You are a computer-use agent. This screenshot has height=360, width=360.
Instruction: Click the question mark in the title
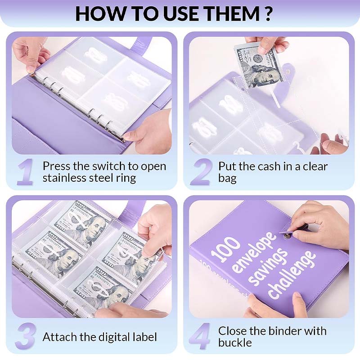click(x=267, y=13)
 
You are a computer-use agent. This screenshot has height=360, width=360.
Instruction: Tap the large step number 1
click(x=25, y=172)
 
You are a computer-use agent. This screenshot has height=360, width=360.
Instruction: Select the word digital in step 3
click(x=108, y=337)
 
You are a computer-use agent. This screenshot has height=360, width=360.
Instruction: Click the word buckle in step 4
click(x=235, y=343)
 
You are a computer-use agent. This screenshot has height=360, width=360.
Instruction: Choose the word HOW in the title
click(x=96, y=13)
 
